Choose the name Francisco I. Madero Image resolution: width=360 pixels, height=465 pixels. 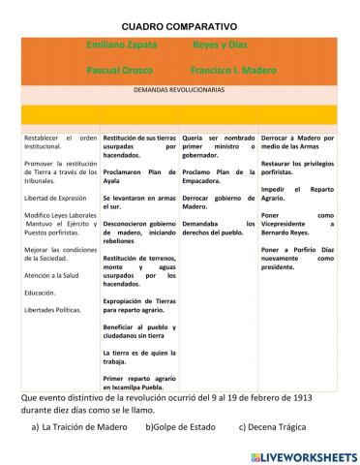pyautogui.click(x=233, y=71)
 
